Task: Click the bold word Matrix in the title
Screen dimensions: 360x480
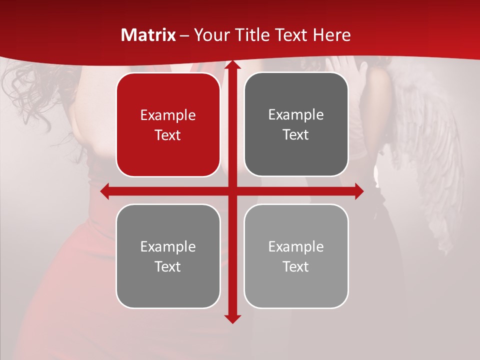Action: pos(148,35)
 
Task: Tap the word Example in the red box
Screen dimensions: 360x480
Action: pos(168,115)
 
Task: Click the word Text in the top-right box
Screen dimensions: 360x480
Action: pos(296,135)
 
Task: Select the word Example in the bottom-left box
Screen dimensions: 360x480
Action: pos(168,246)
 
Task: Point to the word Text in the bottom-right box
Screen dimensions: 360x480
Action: pos(296,266)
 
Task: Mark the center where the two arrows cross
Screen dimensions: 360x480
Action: pos(232,191)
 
